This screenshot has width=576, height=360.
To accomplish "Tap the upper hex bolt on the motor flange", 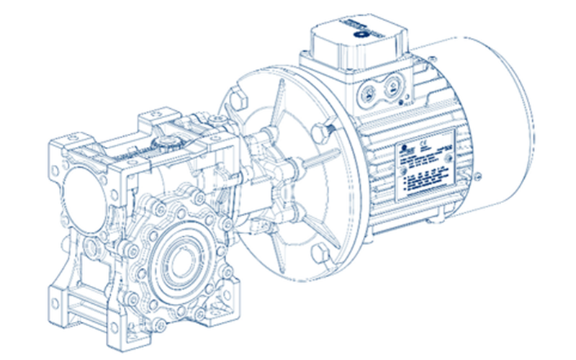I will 321,130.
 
